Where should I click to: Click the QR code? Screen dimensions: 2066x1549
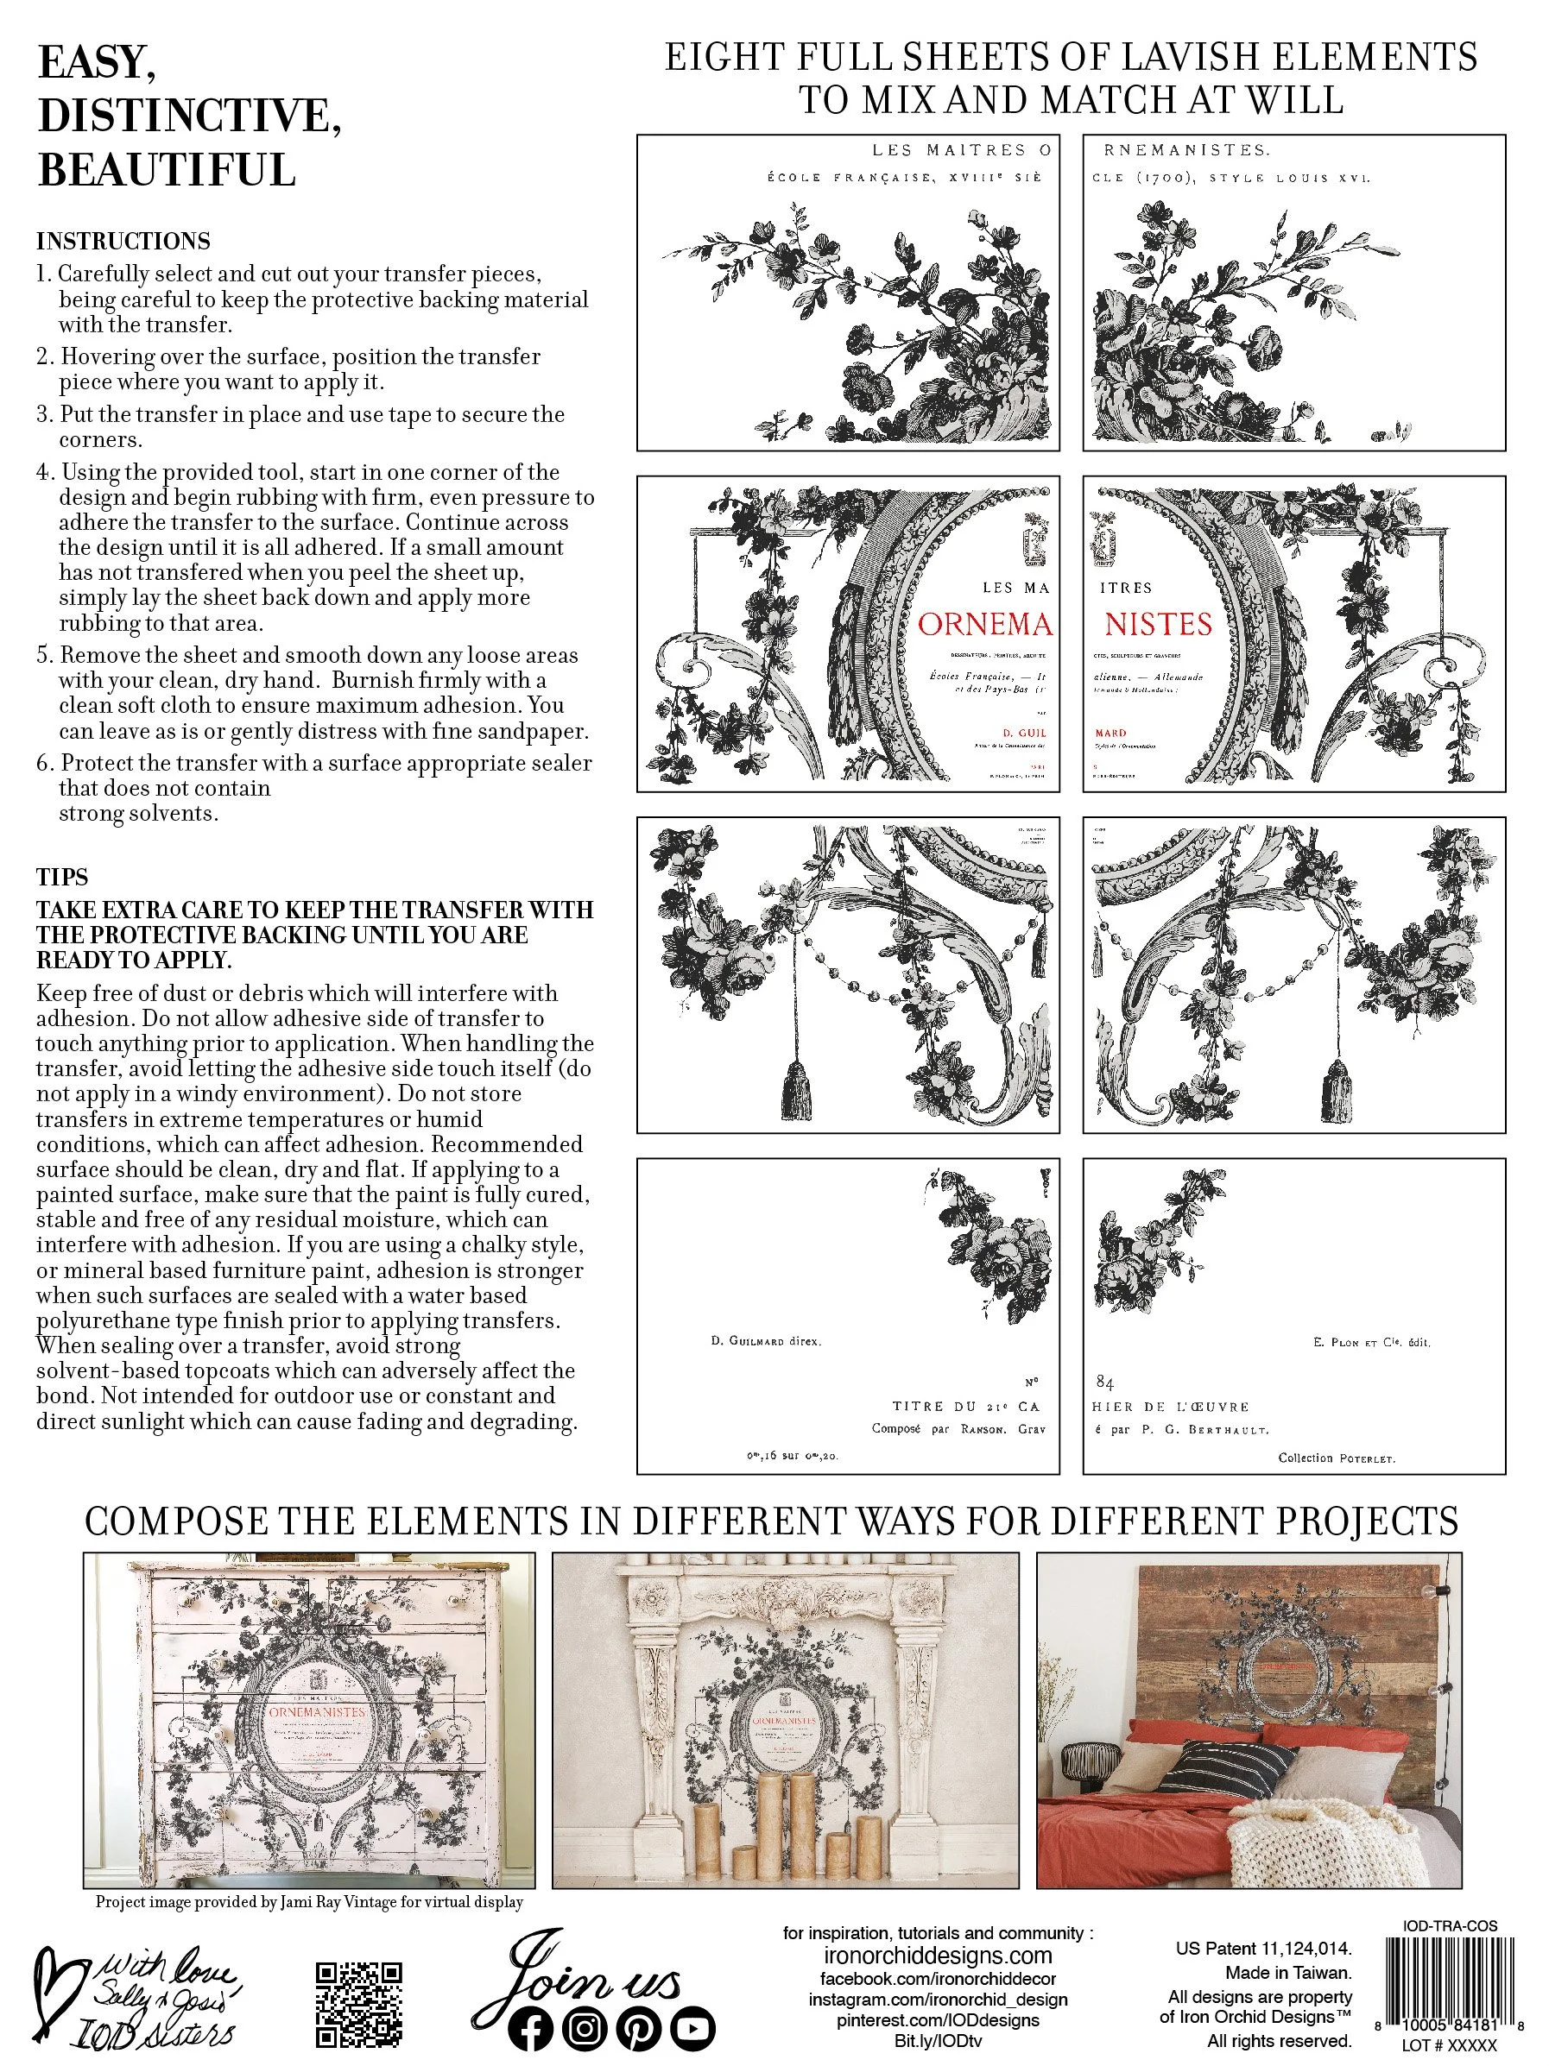click(x=357, y=2002)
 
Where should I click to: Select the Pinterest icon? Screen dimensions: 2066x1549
click(x=639, y=2028)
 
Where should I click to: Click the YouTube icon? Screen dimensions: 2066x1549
click(x=692, y=2028)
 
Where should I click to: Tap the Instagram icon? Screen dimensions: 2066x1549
click(x=585, y=2028)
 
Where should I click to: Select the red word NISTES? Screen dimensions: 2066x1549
click(x=1159, y=624)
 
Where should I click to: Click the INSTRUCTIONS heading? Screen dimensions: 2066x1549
click(x=123, y=241)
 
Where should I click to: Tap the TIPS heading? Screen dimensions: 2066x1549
click(x=62, y=877)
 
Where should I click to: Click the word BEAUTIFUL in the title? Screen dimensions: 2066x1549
click(x=168, y=171)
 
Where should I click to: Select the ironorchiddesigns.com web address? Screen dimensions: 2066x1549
click(x=938, y=1956)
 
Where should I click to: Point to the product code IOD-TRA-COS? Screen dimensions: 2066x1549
click(x=1450, y=1925)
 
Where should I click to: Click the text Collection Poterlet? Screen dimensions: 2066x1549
click(x=1336, y=1457)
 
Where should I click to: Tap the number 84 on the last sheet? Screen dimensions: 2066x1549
click(x=1104, y=1383)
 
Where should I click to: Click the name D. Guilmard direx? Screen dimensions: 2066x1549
click(x=765, y=1341)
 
